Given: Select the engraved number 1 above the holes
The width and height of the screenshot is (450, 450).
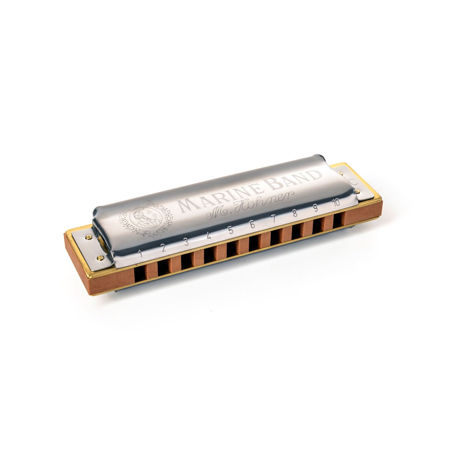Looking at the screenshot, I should tap(140, 253).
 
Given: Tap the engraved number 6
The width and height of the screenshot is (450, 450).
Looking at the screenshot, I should tap(252, 224).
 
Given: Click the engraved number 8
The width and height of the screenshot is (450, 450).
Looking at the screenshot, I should tap(295, 213).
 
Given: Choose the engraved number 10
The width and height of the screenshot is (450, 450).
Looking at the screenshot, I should tap(336, 202).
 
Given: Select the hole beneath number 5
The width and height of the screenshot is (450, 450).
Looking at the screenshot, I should tap(232, 248).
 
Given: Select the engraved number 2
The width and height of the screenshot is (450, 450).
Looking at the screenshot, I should tap(163, 247).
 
